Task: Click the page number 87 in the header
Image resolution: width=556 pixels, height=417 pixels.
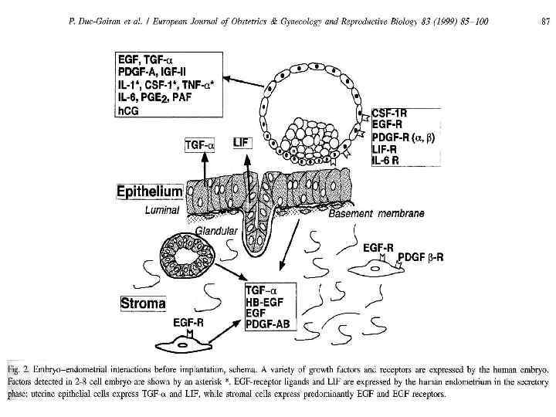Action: click(x=545, y=20)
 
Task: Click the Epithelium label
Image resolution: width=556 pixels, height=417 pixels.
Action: click(x=149, y=191)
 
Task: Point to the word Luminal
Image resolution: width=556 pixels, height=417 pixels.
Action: click(x=163, y=209)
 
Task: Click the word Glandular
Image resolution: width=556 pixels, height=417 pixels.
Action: click(x=215, y=229)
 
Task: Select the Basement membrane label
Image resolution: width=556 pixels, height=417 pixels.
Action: click(x=376, y=213)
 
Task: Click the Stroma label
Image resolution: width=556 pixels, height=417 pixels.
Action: click(x=144, y=303)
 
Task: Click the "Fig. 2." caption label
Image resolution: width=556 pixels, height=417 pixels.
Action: click(x=22, y=363)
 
